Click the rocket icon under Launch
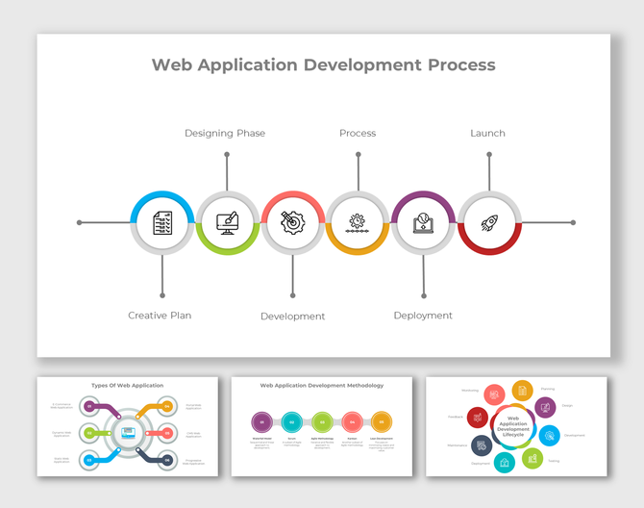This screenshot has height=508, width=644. pos(489,223)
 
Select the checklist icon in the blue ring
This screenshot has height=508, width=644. pos(162,223)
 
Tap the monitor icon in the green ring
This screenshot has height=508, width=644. pos(228,223)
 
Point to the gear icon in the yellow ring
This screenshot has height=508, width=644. pos(359,223)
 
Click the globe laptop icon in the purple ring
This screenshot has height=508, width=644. pos(424,223)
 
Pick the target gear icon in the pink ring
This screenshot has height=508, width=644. pos(293,223)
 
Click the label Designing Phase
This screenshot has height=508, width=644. pos(225,133)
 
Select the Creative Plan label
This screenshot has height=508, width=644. pos(160,316)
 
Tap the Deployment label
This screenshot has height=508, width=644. pos(423,316)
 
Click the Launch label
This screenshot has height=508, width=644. pos(487,133)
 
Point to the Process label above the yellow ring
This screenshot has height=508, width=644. pos(358,133)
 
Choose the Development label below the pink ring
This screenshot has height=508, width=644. pos(293,317)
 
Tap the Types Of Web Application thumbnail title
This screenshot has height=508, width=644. pos(128,385)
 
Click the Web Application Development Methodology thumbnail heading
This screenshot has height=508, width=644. pos(322,385)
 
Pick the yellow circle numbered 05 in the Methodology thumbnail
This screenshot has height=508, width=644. pos(382,421)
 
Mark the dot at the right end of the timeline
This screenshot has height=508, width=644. pos(573,222)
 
